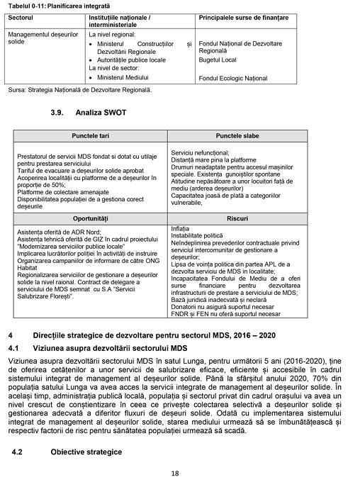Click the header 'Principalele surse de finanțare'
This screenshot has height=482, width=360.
tap(244, 16)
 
